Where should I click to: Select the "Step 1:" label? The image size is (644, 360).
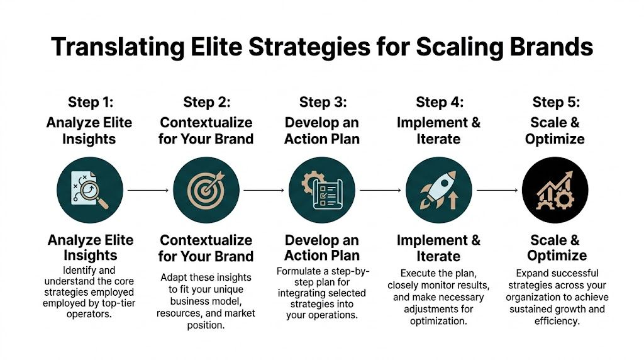(x=89, y=102)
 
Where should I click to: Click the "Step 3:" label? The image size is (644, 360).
(x=323, y=102)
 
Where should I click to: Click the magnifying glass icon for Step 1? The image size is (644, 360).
(x=89, y=189)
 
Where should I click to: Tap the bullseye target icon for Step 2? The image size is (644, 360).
(x=206, y=189)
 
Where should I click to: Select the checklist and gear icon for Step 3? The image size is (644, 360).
(x=322, y=189)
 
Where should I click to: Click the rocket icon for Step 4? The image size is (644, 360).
(x=438, y=189)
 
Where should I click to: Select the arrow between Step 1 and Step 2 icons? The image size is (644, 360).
(x=147, y=189)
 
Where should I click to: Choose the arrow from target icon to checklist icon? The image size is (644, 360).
(x=264, y=189)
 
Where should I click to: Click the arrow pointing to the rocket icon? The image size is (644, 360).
(x=380, y=189)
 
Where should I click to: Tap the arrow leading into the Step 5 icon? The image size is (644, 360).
(x=497, y=189)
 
